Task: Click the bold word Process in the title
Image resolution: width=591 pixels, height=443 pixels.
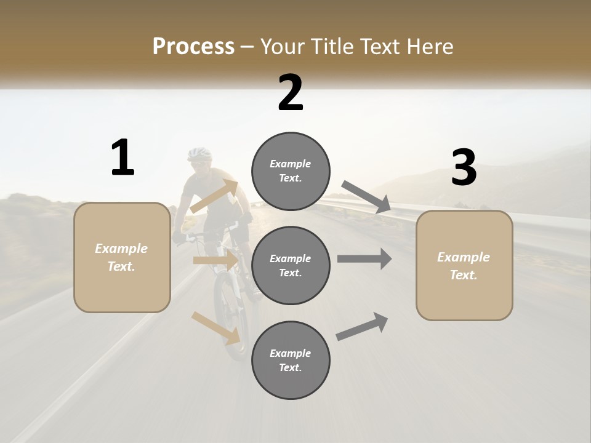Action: click(x=193, y=47)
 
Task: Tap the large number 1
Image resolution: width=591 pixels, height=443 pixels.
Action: click(x=123, y=158)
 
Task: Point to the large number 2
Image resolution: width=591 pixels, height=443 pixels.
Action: click(x=291, y=93)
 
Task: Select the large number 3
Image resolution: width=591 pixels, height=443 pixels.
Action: click(x=464, y=168)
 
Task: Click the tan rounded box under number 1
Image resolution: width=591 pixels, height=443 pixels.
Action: click(x=122, y=257)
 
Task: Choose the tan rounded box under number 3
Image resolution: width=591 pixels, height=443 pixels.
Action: click(x=464, y=265)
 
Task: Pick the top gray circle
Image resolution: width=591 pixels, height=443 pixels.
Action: click(x=291, y=171)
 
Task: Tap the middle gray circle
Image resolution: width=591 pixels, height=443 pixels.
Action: click(x=291, y=265)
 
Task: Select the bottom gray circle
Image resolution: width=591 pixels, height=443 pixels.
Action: click(x=291, y=360)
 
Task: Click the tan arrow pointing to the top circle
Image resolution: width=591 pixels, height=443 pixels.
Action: click(x=214, y=196)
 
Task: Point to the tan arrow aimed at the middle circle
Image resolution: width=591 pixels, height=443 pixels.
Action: click(x=215, y=260)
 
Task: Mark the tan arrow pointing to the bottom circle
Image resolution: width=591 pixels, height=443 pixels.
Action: click(x=215, y=328)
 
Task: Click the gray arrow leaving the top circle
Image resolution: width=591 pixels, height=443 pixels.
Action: click(x=366, y=197)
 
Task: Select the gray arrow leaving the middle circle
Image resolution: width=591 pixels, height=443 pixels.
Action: click(x=364, y=259)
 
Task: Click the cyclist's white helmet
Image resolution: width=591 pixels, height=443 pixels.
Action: click(x=199, y=153)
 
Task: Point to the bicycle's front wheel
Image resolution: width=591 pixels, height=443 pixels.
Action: click(x=229, y=320)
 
